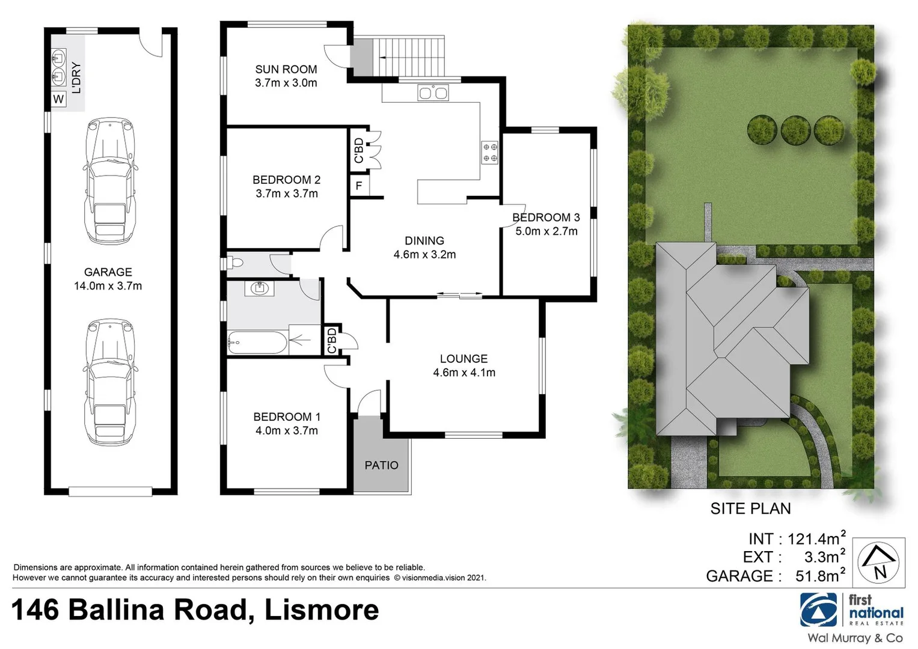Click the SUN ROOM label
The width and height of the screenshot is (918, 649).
pos(286,69)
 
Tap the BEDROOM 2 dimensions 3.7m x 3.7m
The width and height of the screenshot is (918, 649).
pos(286,193)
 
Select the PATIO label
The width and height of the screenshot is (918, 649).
pos(381,465)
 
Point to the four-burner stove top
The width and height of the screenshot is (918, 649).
pos(490,152)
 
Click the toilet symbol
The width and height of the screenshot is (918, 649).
pos(234,263)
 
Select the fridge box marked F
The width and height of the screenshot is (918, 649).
pos(359,186)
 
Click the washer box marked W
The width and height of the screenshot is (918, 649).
pos(58,99)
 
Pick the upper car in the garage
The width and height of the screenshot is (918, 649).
pos(109,181)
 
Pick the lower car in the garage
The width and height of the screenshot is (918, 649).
pos(109,382)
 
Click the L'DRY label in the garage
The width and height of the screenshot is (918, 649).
pos(76,78)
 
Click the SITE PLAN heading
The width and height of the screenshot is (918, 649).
pos(750,508)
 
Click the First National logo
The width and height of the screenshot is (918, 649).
pos(851,609)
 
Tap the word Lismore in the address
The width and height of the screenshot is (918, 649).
pos(322,610)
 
